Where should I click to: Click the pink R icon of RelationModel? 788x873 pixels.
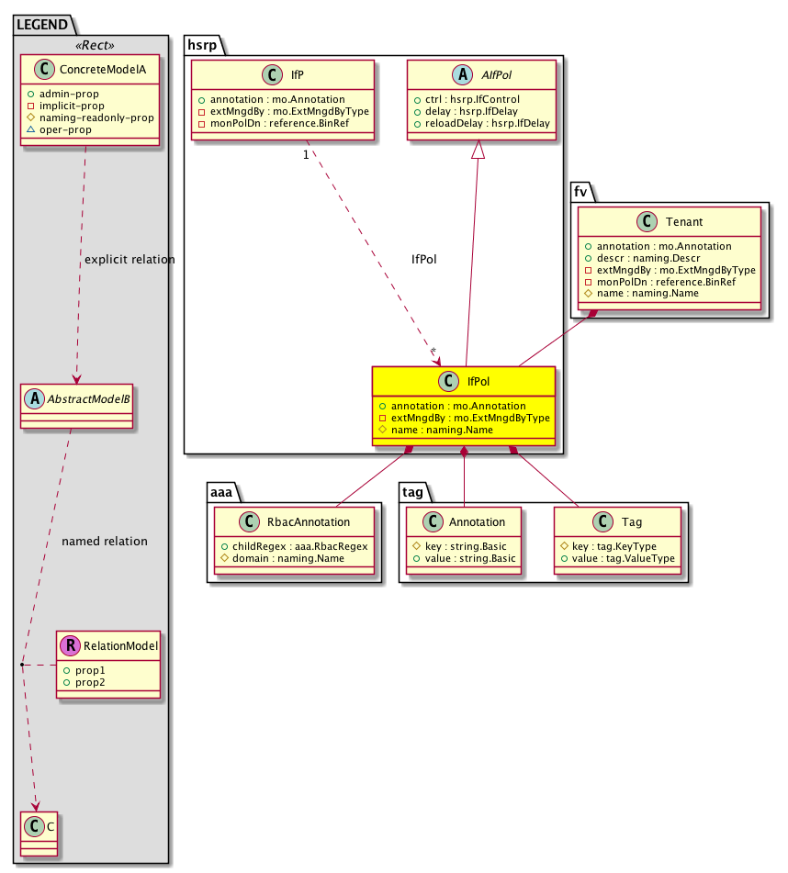[71, 645]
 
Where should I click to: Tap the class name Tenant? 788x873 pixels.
[684, 221]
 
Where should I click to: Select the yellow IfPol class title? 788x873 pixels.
[478, 381]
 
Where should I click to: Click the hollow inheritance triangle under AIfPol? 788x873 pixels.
[478, 150]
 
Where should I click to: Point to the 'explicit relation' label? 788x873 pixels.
[129, 260]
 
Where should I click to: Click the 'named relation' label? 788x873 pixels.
[105, 542]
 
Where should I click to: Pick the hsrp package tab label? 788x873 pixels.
[202, 45]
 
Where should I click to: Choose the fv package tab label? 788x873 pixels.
[580, 192]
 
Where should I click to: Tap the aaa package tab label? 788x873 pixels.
[221, 492]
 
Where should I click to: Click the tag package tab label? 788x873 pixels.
[412, 492]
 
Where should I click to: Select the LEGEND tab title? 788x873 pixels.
[42, 25]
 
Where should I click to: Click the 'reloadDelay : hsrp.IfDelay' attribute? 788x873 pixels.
[488, 123]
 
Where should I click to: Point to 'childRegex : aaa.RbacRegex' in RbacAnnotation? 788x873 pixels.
[300, 546]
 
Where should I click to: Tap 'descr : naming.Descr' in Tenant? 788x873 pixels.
[648, 258]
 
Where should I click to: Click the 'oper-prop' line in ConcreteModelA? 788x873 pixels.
[65, 129]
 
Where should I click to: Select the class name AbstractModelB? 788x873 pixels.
[88, 398]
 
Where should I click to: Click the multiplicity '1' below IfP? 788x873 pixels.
[306, 155]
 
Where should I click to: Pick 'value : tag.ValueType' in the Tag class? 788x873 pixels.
[624, 558]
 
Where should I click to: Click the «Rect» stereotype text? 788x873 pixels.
[95, 45]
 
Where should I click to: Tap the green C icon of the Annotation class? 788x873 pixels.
[433, 521]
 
